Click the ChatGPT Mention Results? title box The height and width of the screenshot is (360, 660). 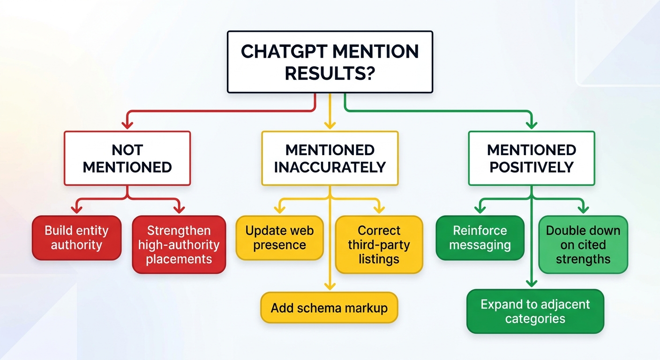[x=330, y=62]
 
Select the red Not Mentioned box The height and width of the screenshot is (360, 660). [x=127, y=158]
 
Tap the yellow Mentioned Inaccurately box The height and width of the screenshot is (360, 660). [x=330, y=158]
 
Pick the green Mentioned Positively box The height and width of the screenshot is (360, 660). [x=532, y=158]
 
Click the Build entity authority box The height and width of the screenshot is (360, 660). [x=76, y=238]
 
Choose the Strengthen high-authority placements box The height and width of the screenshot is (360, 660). [x=179, y=244]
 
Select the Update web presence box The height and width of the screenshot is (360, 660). [x=279, y=238]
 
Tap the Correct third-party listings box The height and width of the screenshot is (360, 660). [x=379, y=244]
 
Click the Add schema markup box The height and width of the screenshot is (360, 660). [x=329, y=308]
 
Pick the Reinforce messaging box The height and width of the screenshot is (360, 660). [x=480, y=238]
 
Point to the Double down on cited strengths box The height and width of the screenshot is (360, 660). [x=583, y=244]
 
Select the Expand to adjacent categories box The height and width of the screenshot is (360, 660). [x=535, y=311]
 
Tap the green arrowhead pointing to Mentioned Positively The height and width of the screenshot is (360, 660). [x=532, y=125]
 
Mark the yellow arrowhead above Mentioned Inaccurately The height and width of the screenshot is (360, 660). [x=330, y=125]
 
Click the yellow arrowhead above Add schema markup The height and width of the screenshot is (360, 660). [x=330, y=285]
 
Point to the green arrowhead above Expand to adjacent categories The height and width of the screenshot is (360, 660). [x=531, y=283]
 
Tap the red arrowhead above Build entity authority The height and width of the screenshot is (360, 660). [x=76, y=209]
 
